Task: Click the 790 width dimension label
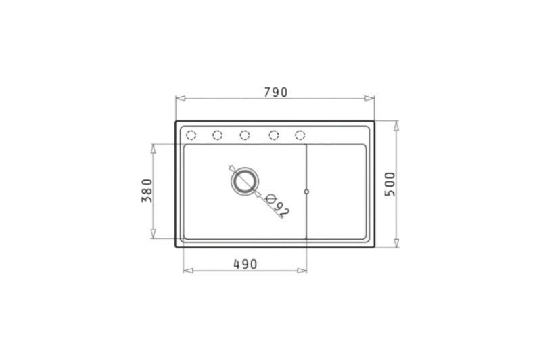click(276, 92)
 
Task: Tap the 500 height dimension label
click(390, 184)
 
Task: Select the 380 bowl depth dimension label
click(147, 191)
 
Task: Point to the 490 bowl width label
click(245, 265)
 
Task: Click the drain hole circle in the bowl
click(245, 181)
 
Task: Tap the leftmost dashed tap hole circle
click(191, 135)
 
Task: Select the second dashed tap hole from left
click(217, 135)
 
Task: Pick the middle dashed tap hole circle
click(245, 135)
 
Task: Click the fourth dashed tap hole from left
click(274, 135)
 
